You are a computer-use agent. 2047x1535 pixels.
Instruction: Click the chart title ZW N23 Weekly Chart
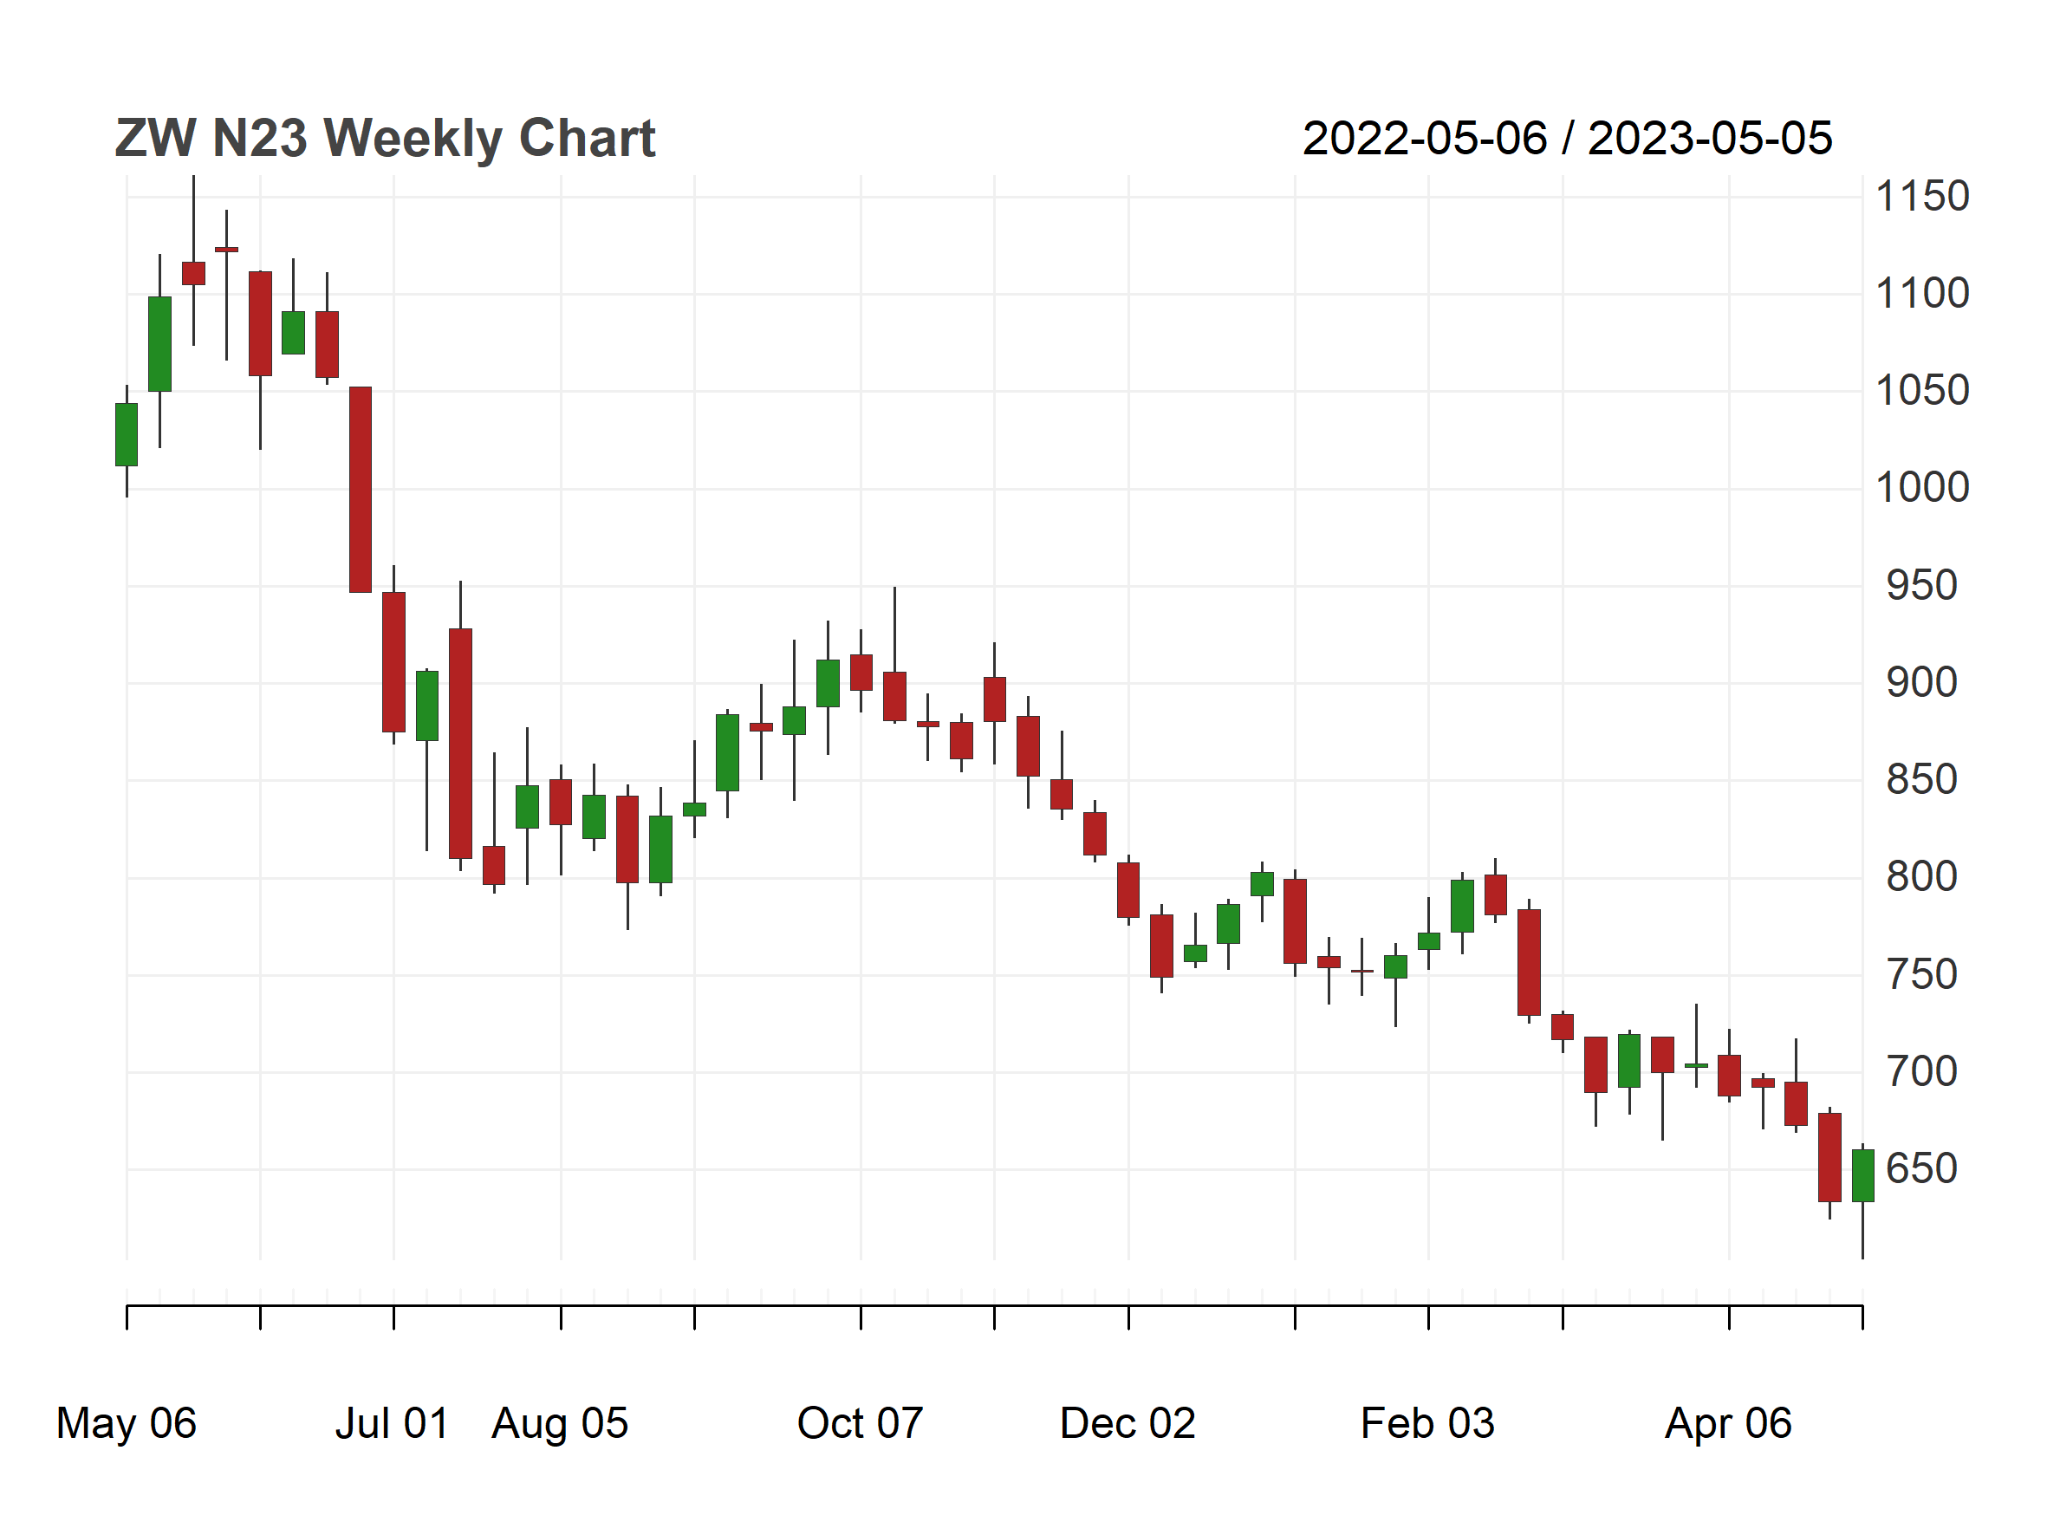(x=384, y=139)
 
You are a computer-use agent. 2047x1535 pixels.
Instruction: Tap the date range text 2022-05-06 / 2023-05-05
(x=1567, y=139)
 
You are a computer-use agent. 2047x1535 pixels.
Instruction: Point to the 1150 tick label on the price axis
(x=1921, y=197)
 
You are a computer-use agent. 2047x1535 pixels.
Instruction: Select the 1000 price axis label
(x=1921, y=488)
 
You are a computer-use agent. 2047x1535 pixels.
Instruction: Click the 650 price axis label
(x=1921, y=1168)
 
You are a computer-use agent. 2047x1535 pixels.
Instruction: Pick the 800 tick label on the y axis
(x=1921, y=877)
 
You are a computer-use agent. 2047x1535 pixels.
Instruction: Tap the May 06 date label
(x=126, y=1423)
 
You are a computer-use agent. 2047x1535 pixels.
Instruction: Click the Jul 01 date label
(x=392, y=1423)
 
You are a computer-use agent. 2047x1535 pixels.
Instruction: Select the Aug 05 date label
(x=560, y=1423)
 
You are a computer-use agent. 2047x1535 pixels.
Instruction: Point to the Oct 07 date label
(x=860, y=1423)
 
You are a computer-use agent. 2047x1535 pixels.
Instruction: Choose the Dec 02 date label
(x=1127, y=1423)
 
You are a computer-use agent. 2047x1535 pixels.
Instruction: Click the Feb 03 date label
(x=1427, y=1423)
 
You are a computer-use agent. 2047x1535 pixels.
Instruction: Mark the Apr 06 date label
(x=1728, y=1423)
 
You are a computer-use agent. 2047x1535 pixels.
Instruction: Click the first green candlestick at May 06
(x=126, y=435)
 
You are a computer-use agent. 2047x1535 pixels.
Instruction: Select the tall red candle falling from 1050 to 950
(x=360, y=490)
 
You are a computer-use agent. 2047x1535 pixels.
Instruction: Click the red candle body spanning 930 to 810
(x=460, y=743)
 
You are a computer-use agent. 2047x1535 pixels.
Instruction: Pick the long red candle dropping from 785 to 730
(x=1529, y=962)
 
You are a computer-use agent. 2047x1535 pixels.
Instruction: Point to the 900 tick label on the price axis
(x=1921, y=683)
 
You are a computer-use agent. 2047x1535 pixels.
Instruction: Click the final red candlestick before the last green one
(x=1829, y=1156)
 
